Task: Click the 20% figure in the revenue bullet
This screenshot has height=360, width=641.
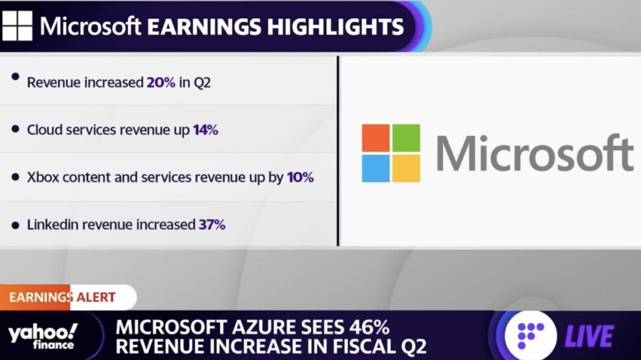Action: pyautogui.click(x=161, y=82)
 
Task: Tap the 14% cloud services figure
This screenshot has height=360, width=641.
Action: pyautogui.click(x=206, y=130)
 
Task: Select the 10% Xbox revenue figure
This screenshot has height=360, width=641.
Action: pyautogui.click(x=300, y=177)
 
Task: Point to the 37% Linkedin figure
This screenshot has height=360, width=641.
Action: pyautogui.click(x=212, y=225)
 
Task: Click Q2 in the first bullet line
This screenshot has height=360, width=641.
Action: pyautogui.click(x=202, y=83)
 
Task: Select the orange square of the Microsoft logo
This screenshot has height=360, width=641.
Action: pyautogui.click(x=376, y=138)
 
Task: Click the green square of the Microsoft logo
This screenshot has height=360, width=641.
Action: pyautogui.click(x=407, y=138)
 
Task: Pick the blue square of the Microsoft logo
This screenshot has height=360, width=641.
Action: pyautogui.click(x=376, y=168)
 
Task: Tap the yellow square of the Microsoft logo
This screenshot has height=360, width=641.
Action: pyautogui.click(x=407, y=168)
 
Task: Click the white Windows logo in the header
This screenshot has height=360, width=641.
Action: pyautogui.click(x=17, y=26)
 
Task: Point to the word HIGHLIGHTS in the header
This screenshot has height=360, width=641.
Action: pyautogui.click(x=335, y=27)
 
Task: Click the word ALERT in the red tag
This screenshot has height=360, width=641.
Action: pyautogui.click(x=96, y=297)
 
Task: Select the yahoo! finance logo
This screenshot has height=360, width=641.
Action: pyautogui.click(x=43, y=336)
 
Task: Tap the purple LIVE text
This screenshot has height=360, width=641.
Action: pyautogui.click(x=589, y=336)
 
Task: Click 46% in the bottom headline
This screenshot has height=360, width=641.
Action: pyautogui.click(x=369, y=328)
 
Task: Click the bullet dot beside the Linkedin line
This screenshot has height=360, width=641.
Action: pyautogui.click(x=16, y=225)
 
